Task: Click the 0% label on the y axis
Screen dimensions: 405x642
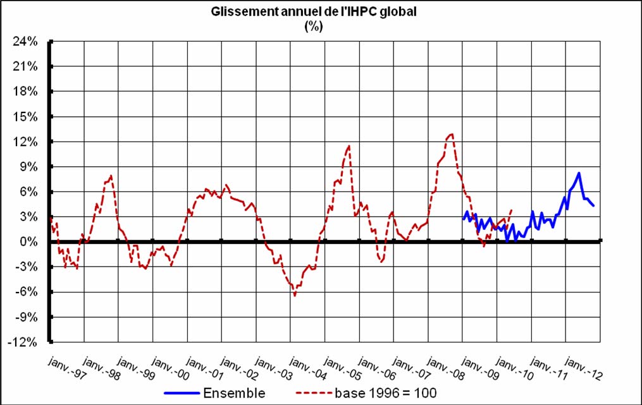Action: tap(31, 242)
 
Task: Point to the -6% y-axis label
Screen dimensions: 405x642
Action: tap(28, 292)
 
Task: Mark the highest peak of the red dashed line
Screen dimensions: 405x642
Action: tap(451, 134)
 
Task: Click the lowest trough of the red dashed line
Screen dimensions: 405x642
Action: tap(295, 295)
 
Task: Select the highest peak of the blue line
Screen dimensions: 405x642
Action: tap(579, 173)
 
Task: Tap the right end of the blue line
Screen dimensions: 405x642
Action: tap(593, 206)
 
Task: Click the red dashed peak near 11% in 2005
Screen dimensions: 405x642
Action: tap(349, 146)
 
